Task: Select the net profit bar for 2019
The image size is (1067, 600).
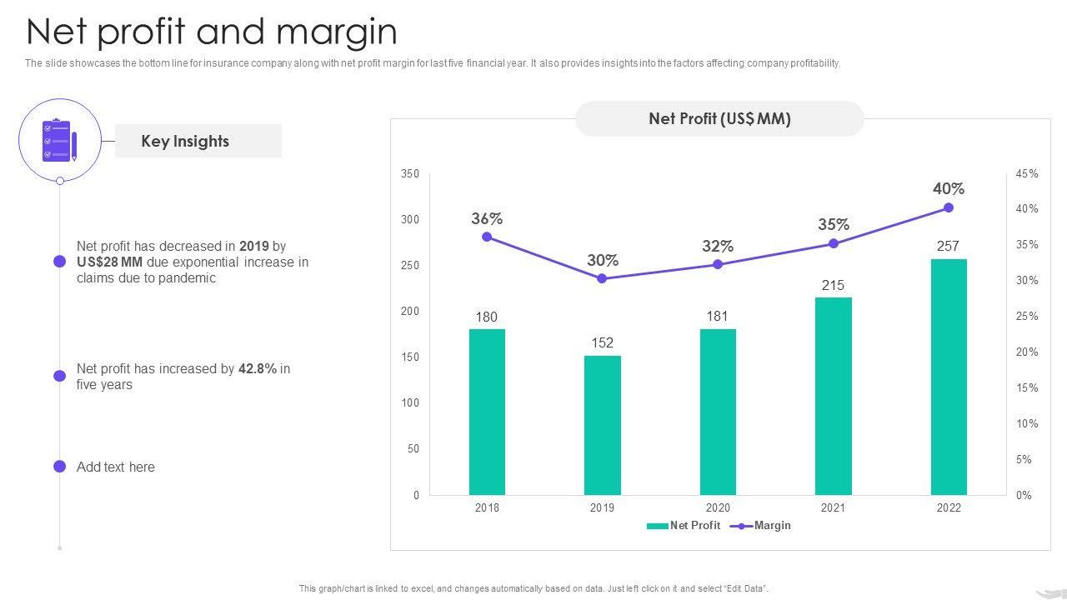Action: tap(602, 425)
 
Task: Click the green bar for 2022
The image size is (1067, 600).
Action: tap(949, 377)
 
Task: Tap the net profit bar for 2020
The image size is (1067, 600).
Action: tap(718, 412)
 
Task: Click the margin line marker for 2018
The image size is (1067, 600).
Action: tap(487, 237)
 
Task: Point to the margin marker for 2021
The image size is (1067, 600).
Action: tap(834, 243)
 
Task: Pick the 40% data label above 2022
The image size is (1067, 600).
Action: tap(949, 189)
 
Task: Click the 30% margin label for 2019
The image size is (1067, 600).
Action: tap(602, 260)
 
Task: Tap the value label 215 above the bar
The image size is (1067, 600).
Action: tap(833, 285)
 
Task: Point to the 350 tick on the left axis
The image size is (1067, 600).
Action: tap(410, 174)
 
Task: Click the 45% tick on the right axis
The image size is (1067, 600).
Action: tap(1027, 174)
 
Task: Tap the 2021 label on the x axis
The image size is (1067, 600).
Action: tap(833, 507)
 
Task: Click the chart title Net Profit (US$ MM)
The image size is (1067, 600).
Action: tap(719, 119)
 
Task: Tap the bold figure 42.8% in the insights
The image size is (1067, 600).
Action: tap(258, 368)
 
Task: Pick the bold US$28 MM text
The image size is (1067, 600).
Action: tap(109, 262)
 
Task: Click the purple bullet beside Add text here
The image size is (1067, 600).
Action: tap(60, 467)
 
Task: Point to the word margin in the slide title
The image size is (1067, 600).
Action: tap(337, 32)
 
